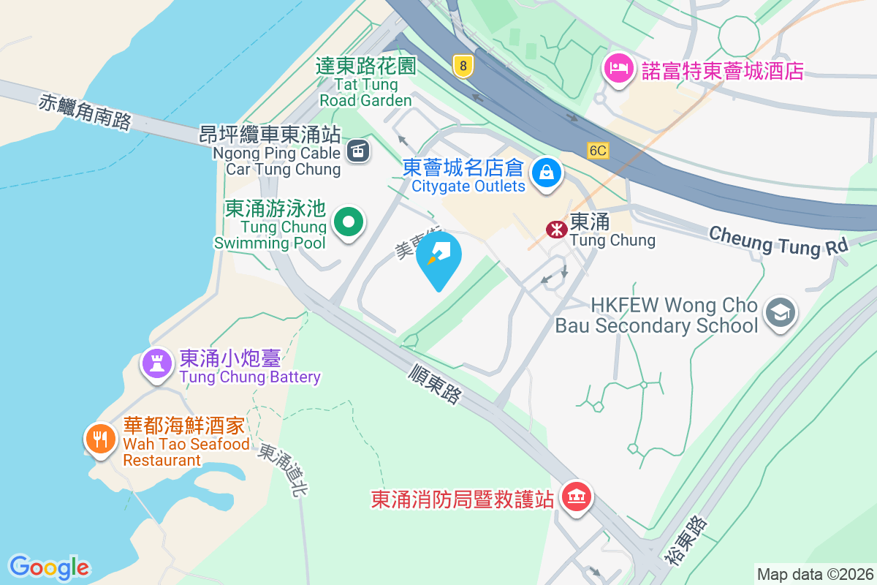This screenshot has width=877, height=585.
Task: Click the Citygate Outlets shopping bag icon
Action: point(545,173)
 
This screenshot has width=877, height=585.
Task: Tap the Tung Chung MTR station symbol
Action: point(557,230)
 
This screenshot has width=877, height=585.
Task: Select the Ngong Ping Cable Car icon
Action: point(357,151)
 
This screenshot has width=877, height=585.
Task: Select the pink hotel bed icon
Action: point(618,70)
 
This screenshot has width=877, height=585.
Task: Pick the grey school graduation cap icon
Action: point(780,314)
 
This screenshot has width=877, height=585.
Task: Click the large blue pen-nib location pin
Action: point(438,256)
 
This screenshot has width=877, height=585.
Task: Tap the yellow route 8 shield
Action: point(462,67)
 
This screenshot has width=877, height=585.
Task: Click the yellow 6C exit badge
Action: point(598,151)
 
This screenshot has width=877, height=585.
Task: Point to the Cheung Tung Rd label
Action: point(778,240)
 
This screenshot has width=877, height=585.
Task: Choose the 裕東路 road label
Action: point(686,541)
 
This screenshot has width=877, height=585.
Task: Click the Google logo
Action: point(49,567)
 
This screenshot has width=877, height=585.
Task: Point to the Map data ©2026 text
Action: point(814,574)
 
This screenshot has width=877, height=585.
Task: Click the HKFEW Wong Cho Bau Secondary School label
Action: point(656,314)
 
